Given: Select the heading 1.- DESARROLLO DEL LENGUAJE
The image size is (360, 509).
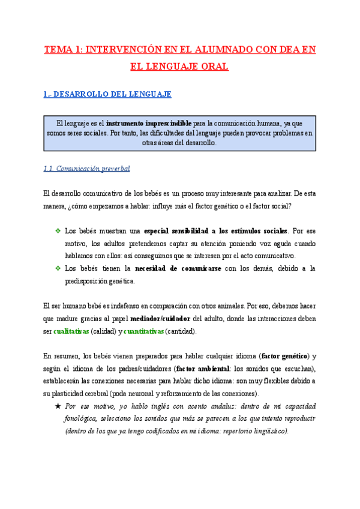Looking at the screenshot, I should pos(108,94).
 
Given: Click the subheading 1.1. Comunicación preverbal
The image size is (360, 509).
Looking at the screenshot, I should pos(87,169).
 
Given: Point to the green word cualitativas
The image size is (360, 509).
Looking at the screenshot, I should pos(71,331).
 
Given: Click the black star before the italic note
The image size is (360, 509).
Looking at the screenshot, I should pos(58,406).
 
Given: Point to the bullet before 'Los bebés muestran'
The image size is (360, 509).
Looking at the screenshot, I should pos(58,230).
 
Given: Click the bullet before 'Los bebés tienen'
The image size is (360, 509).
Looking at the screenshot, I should pos(58,268).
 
